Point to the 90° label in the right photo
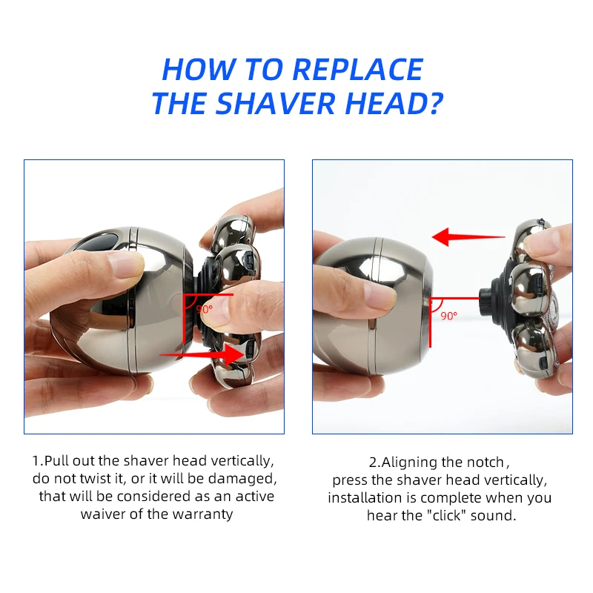click(x=449, y=315)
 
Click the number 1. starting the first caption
click(x=37, y=461)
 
